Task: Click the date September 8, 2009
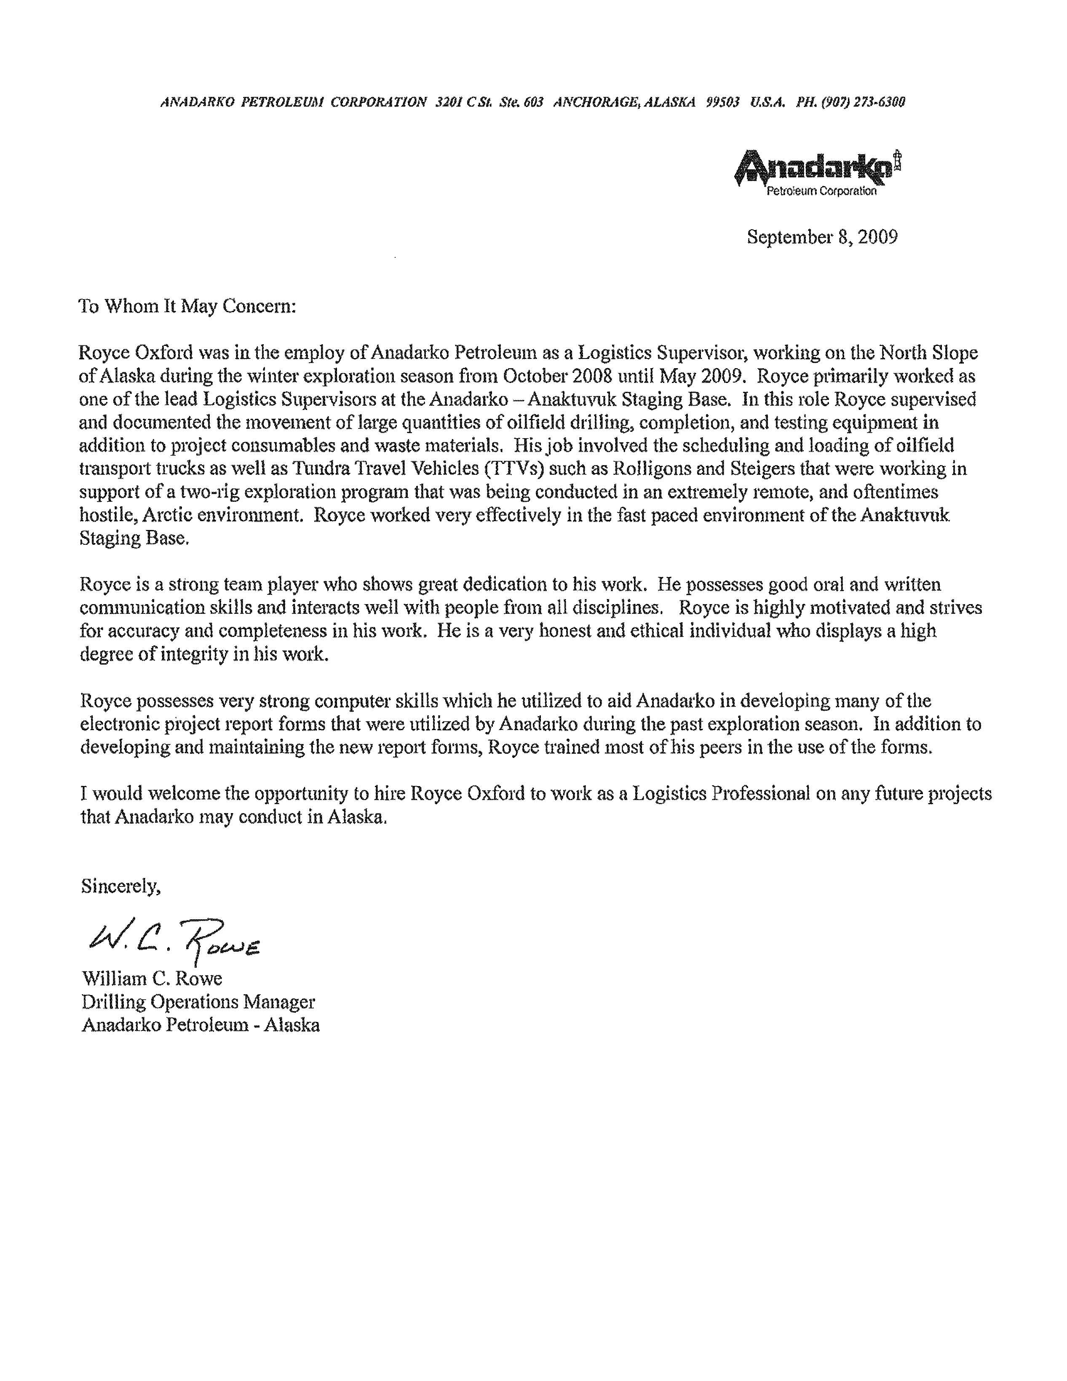822,237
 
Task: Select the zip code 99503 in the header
722,102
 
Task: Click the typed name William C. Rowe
152,979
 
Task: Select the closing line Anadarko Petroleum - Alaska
201,1025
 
